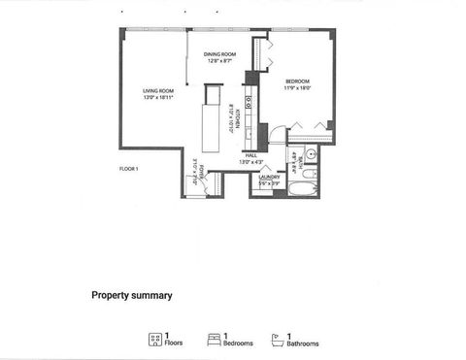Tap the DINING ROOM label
tap(220, 54)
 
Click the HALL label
tap(250, 155)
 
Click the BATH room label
tap(293, 158)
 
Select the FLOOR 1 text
tap(129, 169)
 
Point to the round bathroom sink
tap(312, 154)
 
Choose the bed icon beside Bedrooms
tap(214, 339)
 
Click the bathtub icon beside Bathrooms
tap(276, 339)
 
